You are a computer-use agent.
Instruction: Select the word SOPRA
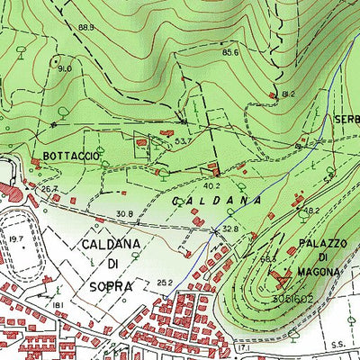pos(111,286)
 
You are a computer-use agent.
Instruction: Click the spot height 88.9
pos(86,28)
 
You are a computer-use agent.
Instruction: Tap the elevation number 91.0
pos(65,68)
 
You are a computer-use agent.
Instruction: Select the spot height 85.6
pos(230,52)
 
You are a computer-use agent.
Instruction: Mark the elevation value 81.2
pos(288,94)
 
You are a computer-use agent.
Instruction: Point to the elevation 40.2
pos(211,186)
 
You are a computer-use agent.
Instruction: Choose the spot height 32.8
pos(230,229)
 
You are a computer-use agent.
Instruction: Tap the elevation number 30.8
pos(125,213)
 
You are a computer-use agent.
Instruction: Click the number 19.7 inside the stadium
pos(16,239)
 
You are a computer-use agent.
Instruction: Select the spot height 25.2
pos(163,283)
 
